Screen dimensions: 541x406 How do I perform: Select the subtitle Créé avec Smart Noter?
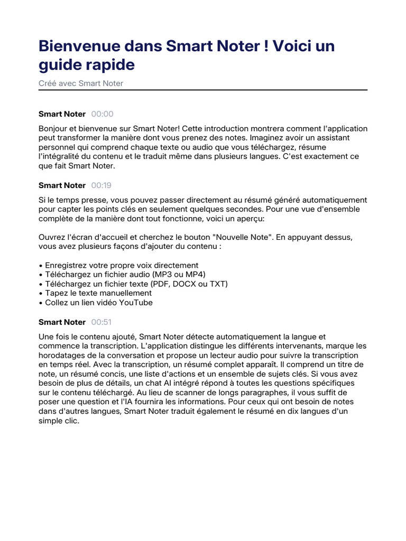(x=81, y=83)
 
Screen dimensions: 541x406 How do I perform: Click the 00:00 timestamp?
(x=102, y=114)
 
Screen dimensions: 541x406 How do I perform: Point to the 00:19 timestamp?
(x=101, y=185)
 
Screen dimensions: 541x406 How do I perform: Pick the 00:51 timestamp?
(x=101, y=322)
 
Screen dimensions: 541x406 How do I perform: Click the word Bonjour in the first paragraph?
(x=55, y=129)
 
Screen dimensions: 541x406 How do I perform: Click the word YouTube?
(x=136, y=303)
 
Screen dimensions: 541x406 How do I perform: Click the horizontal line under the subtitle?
(x=203, y=90)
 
